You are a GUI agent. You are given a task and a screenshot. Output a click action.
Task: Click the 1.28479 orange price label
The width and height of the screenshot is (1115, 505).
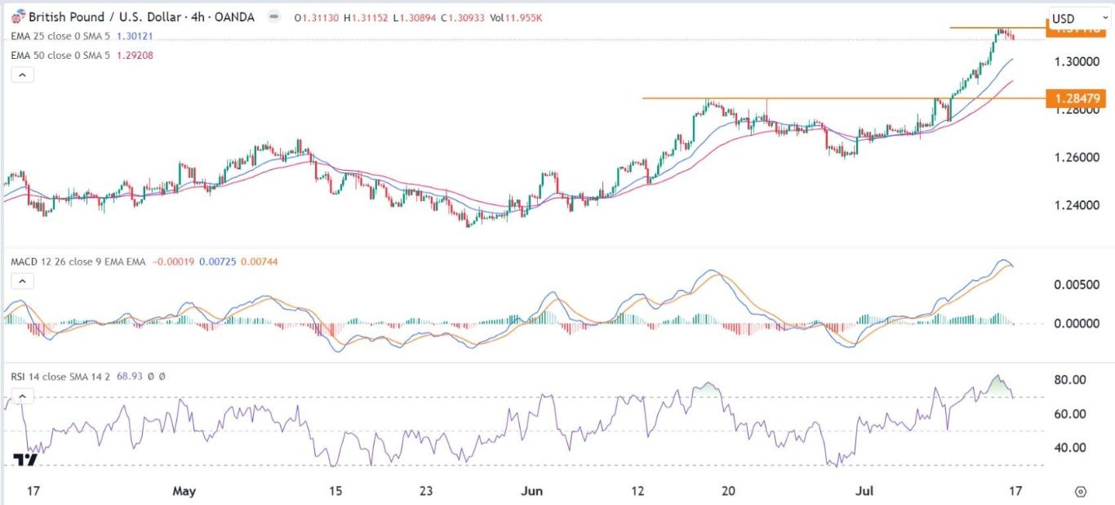click(1077, 98)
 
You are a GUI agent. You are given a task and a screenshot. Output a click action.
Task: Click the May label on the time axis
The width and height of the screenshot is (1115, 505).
click(184, 491)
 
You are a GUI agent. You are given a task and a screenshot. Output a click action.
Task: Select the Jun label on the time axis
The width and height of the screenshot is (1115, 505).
click(531, 491)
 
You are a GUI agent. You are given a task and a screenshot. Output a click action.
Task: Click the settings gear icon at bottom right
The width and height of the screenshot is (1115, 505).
click(1080, 491)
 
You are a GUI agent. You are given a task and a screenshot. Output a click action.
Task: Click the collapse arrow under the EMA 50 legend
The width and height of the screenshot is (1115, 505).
click(22, 75)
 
